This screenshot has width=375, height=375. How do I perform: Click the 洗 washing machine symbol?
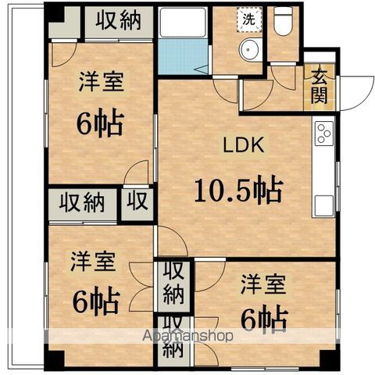click(248, 18)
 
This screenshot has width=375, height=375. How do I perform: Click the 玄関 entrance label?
click(320, 86)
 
